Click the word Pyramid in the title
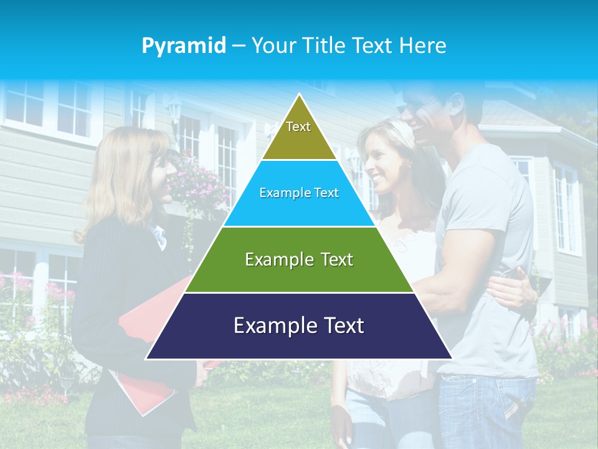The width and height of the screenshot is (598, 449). (x=183, y=46)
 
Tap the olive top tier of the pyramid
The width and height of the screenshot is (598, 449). (x=299, y=134)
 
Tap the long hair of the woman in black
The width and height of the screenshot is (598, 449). (x=118, y=181)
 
